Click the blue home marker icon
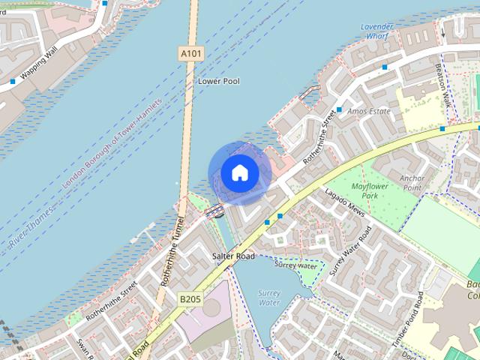[239, 173]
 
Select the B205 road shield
[190, 299]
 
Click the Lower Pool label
[218, 81]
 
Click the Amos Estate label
[370, 111]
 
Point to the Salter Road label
[233, 256]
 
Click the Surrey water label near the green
[295, 265]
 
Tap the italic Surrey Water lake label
[268, 298]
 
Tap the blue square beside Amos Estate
[339, 110]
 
